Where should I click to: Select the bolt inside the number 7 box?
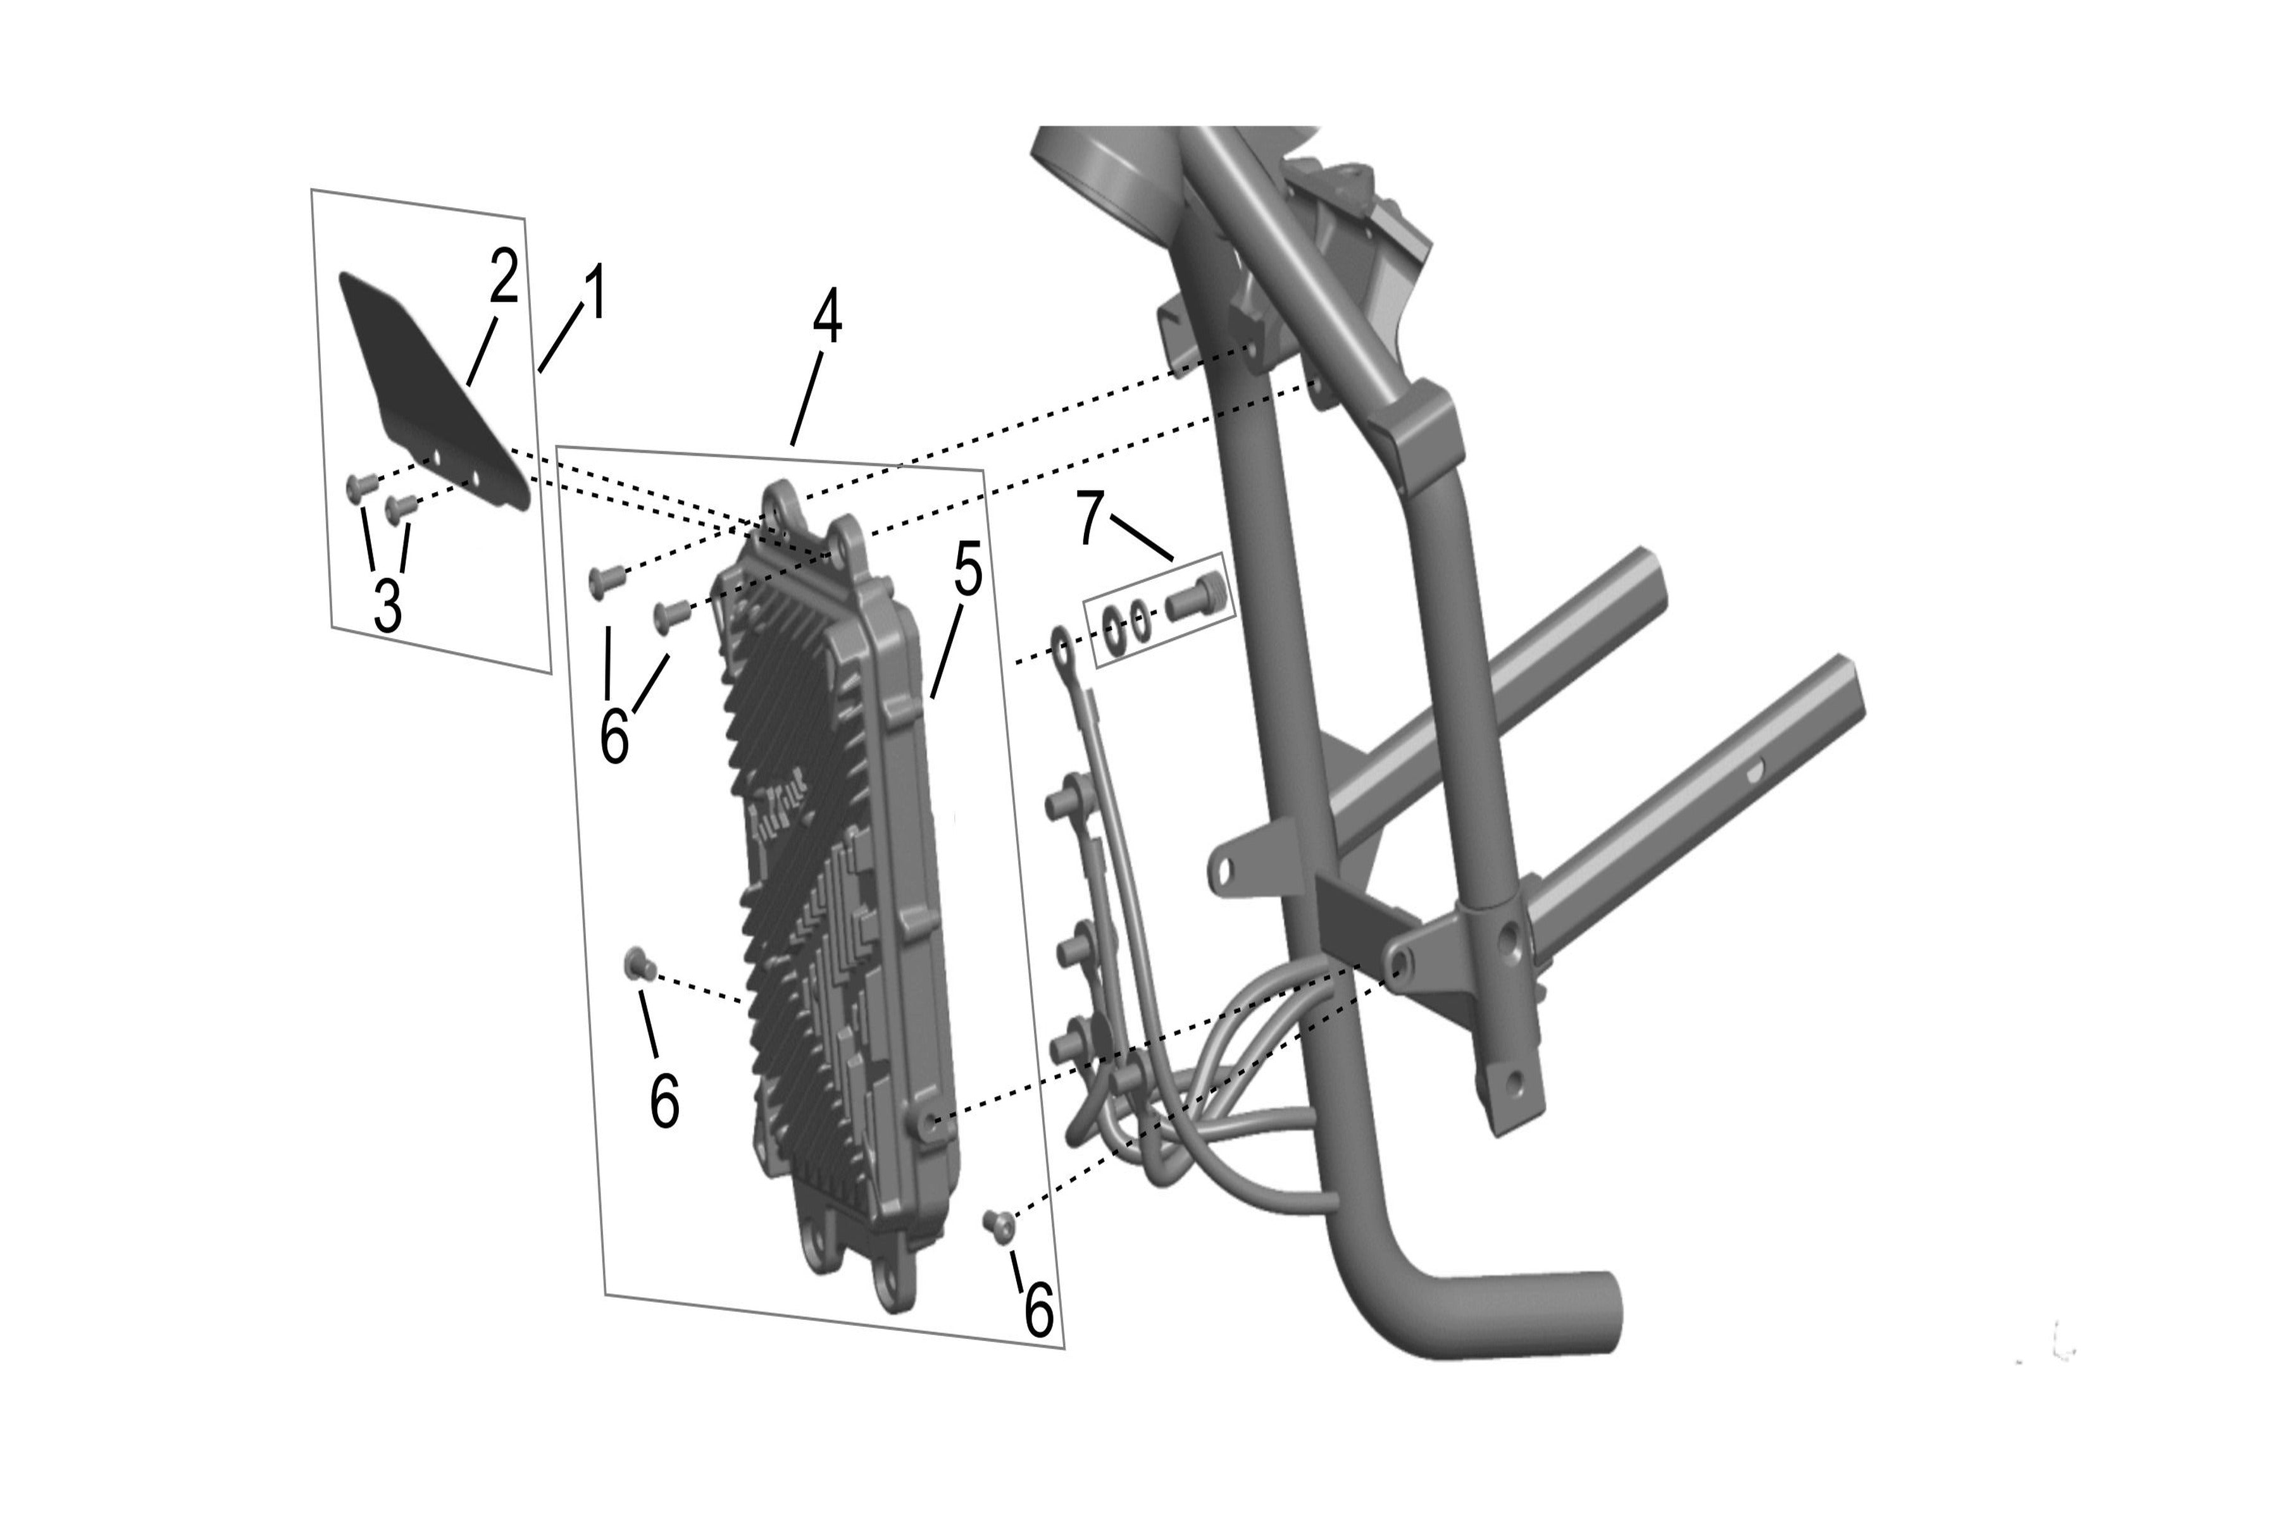[1196, 595]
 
